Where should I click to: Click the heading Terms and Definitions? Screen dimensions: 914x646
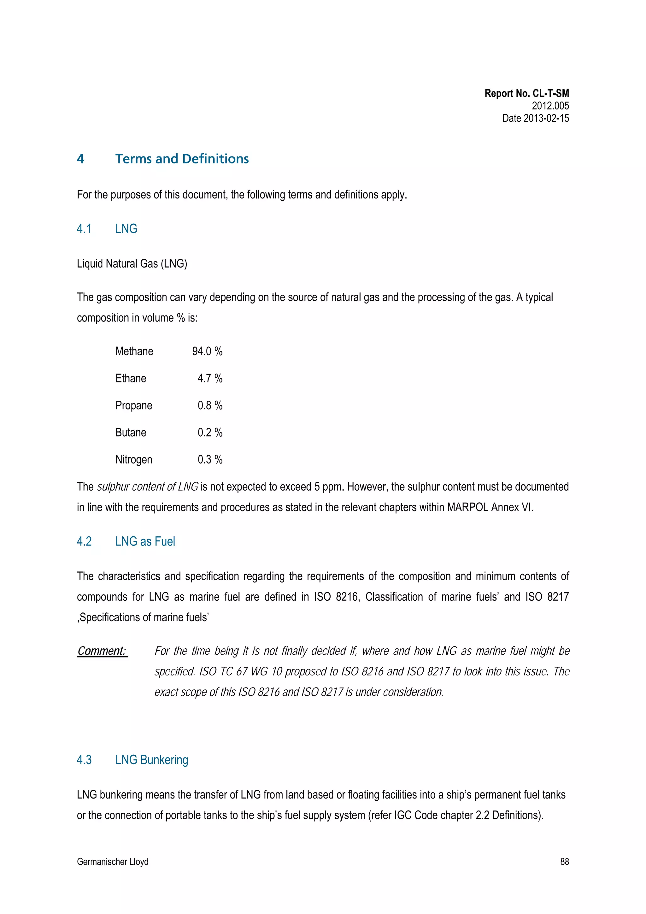click(182, 159)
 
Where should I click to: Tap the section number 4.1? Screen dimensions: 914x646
click(84, 229)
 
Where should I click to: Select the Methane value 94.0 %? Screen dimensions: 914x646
click(207, 351)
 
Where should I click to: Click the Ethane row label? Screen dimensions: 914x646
click(131, 378)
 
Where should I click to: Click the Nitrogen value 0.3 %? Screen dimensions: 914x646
click(210, 459)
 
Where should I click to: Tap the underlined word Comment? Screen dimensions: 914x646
click(102, 651)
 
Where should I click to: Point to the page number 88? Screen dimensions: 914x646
click(564, 862)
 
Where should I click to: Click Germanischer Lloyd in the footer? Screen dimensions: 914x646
click(113, 862)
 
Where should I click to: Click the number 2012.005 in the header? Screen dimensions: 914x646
click(550, 106)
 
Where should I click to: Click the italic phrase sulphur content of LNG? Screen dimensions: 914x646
click(147, 487)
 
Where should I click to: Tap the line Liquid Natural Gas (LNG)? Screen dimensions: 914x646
click(132, 263)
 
